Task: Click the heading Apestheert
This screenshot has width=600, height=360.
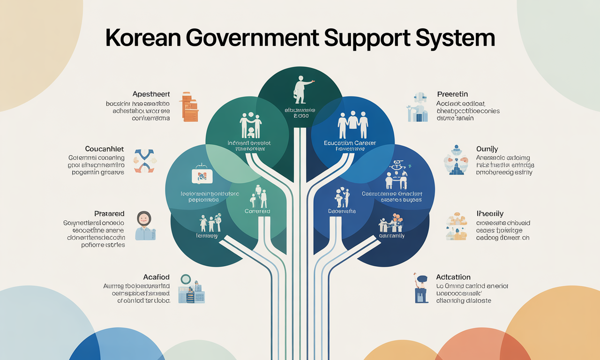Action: point(151,94)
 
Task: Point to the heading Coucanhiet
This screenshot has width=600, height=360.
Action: point(105,149)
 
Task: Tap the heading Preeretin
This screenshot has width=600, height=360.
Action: point(452,94)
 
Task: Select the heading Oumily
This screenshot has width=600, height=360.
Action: point(487,149)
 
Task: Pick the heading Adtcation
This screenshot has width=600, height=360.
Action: point(453,277)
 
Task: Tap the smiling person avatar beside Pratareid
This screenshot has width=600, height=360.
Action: point(144,225)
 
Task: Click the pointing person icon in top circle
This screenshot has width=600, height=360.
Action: point(300,90)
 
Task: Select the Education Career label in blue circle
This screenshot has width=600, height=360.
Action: point(350,142)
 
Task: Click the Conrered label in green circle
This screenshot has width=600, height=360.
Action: point(257,211)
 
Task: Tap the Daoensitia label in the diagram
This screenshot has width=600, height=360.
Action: point(342,211)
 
